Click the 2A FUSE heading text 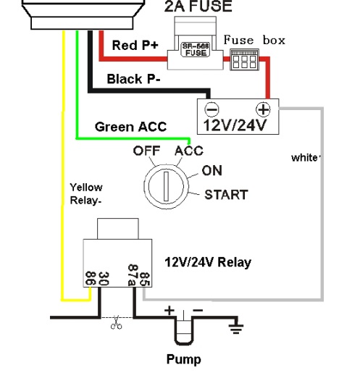(x=198, y=6)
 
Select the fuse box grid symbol (x=244, y=59)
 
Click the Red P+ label (x=135, y=45)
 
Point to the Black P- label (x=133, y=79)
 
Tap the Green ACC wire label (x=130, y=127)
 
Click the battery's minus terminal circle (x=212, y=109)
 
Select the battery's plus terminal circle (x=263, y=109)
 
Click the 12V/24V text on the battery (x=235, y=125)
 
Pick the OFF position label (x=146, y=151)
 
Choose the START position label (x=226, y=195)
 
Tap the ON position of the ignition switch (x=212, y=171)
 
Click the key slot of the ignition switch (x=166, y=186)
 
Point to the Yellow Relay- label (x=86, y=194)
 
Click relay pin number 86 (x=91, y=278)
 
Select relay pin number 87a (x=133, y=275)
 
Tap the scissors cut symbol (x=116, y=322)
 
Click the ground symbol (x=235, y=327)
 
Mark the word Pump (x=183, y=359)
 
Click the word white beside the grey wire (x=305, y=158)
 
